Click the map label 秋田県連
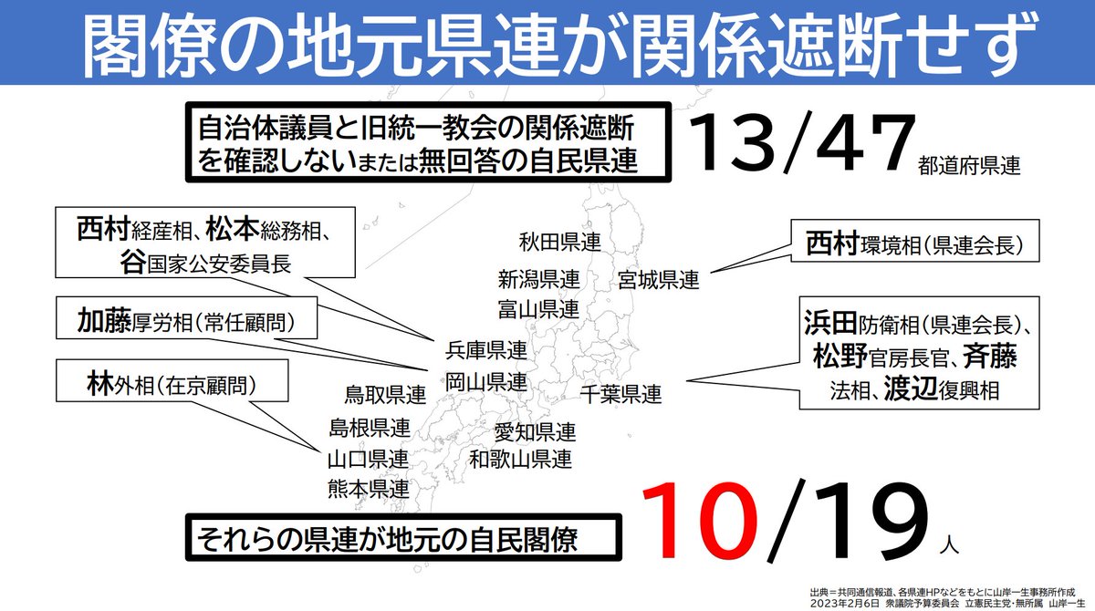tap(559, 243)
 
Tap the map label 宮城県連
tap(658, 279)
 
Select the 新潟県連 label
tap(538, 278)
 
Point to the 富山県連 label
tap(538, 308)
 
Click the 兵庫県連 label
tap(486, 350)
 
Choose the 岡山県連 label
tap(486, 380)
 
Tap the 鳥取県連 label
tap(385, 396)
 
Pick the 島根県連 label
tap(369, 427)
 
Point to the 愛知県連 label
tap(535, 431)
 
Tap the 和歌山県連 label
tap(521, 459)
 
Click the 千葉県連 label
tap(620, 395)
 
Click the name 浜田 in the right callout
tap(829, 323)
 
